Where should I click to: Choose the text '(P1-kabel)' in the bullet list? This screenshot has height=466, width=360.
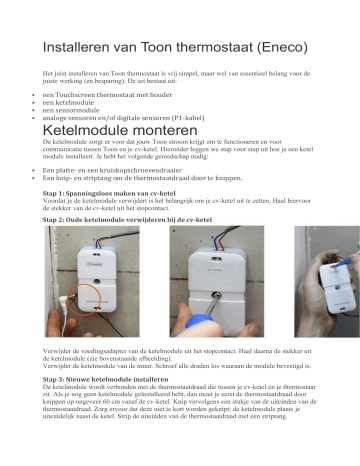[183, 120]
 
